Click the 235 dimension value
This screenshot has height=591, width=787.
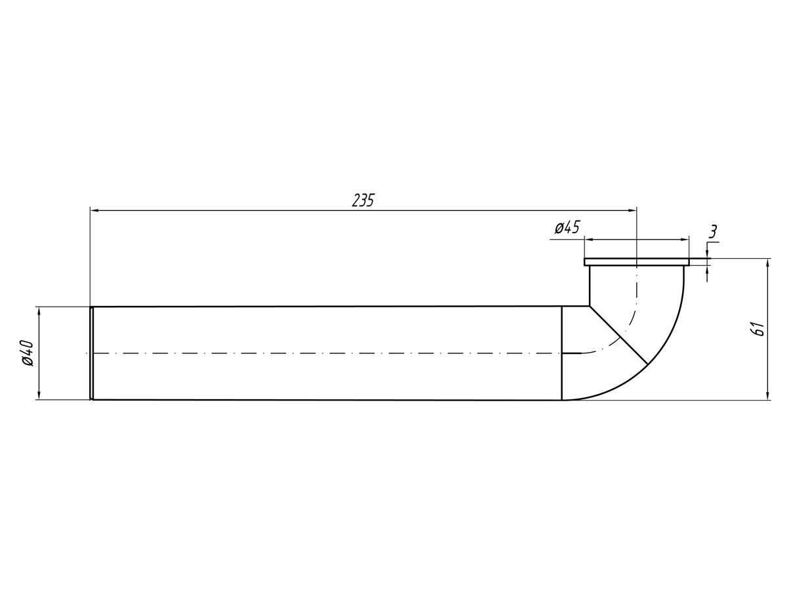pyautogui.click(x=363, y=200)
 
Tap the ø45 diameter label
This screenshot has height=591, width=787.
pyautogui.click(x=567, y=228)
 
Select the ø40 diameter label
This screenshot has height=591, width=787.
pyautogui.click(x=27, y=353)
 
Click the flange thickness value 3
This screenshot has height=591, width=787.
pyautogui.click(x=713, y=231)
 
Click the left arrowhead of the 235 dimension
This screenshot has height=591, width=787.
pyautogui.click(x=94, y=210)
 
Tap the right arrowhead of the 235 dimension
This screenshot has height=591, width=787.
pyautogui.click(x=632, y=210)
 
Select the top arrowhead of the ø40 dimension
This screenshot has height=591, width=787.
pyautogui.click(x=39, y=311)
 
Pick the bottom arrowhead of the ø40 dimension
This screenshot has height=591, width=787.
pyautogui.click(x=39, y=395)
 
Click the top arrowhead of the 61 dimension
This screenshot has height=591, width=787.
pyautogui.click(x=767, y=263)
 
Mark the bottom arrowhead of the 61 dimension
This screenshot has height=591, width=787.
pyautogui.click(x=767, y=395)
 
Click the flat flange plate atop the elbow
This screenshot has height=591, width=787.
pyautogui.click(x=636, y=262)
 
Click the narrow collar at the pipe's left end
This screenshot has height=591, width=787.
pyautogui.click(x=92, y=353)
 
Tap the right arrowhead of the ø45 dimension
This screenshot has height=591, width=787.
pyautogui.click(x=685, y=240)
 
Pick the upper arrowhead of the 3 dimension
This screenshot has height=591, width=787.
pyautogui.click(x=707, y=255)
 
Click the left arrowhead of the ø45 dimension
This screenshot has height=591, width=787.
pyautogui.click(x=588, y=240)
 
